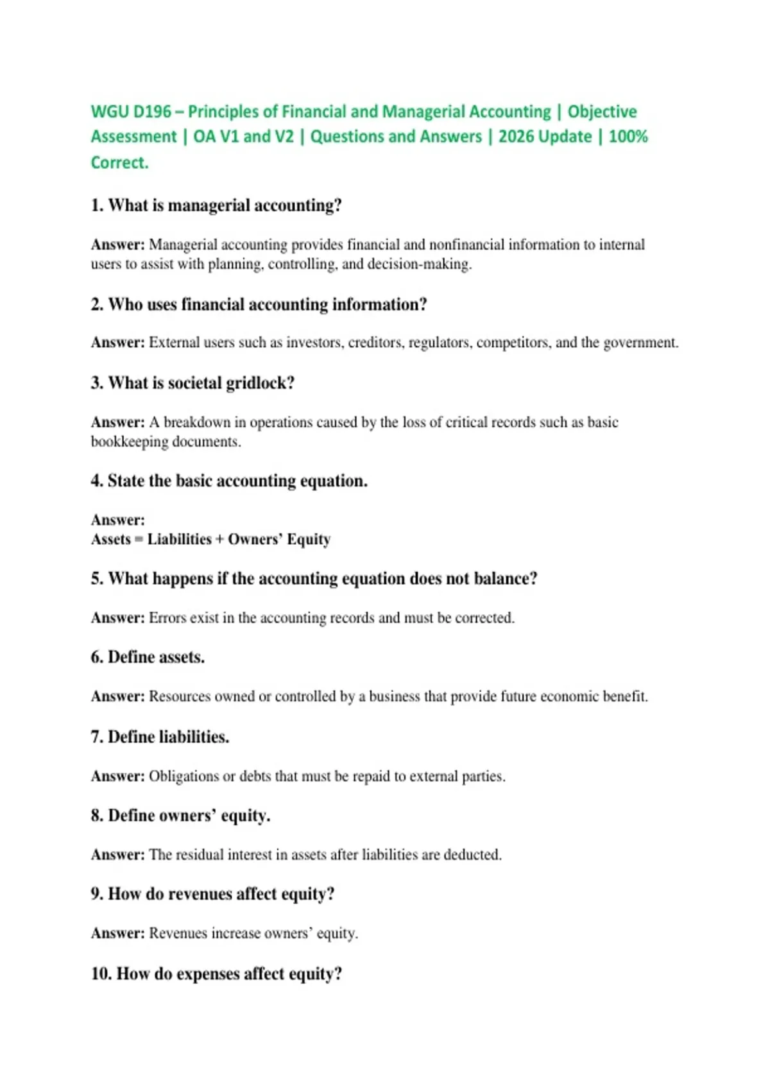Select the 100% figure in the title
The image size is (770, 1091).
[628, 137]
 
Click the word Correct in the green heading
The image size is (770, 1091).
[119, 162]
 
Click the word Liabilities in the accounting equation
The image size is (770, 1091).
[179, 539]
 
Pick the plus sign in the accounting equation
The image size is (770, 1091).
[220, 539]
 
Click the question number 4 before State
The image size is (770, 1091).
[96, 481]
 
